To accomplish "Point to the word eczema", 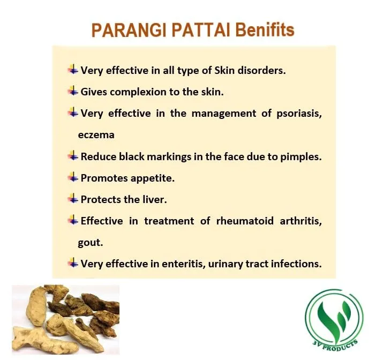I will [96, 134].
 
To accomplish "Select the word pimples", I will [300, 156].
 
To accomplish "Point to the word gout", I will [91, 242].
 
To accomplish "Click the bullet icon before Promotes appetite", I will [73, 177].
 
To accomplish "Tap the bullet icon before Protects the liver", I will [73, 198].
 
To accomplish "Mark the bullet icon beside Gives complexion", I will [73, 91].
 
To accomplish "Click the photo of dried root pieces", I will [65, 318].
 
